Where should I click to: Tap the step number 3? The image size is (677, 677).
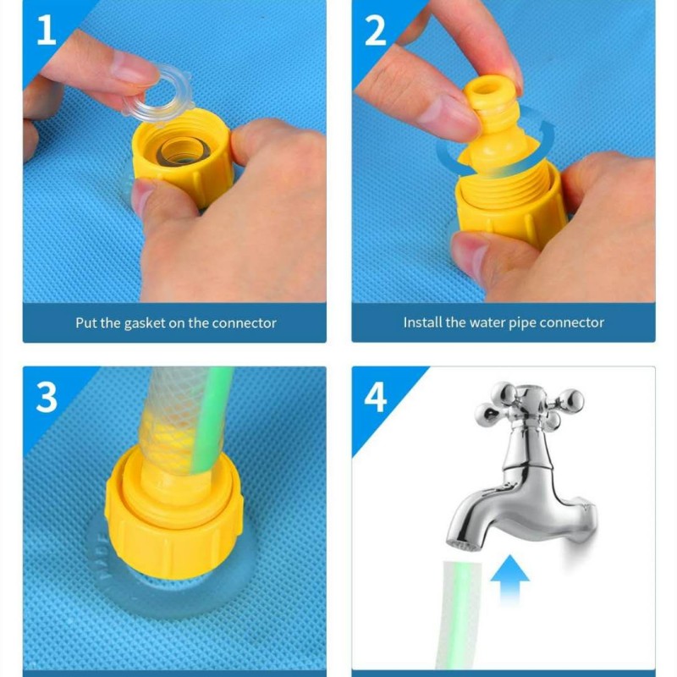(47, 397)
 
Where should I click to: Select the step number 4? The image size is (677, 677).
(376, 397)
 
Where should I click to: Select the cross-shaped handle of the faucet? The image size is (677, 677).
(530, 405)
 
